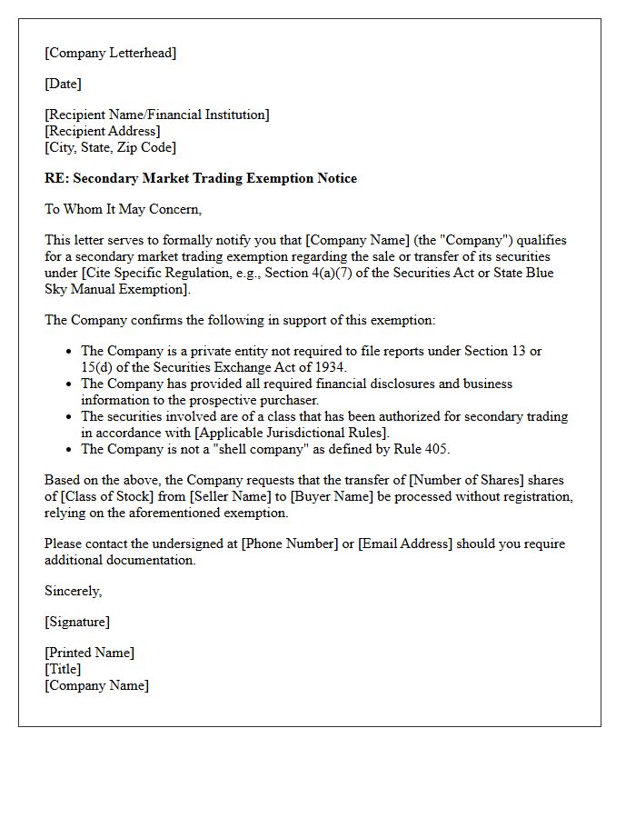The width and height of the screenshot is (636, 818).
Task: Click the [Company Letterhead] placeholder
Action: click(x=110, y=53)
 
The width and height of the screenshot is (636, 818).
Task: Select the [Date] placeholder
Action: click(x=63, y=84)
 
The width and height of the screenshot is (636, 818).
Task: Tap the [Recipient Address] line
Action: click(x=103, y=131)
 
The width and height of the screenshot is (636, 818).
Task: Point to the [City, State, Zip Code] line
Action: click(x=110, y=147)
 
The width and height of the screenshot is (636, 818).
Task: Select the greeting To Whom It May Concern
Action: click(x=123, y=209)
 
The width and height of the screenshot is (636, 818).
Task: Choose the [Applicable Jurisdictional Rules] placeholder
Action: click(x=291, y=433)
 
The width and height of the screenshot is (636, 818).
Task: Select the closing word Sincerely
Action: click(x=73, y=591)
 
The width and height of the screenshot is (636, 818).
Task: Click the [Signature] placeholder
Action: click(x=77, y=622)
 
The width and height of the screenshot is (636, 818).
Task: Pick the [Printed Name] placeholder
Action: click(x=89, y=653)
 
